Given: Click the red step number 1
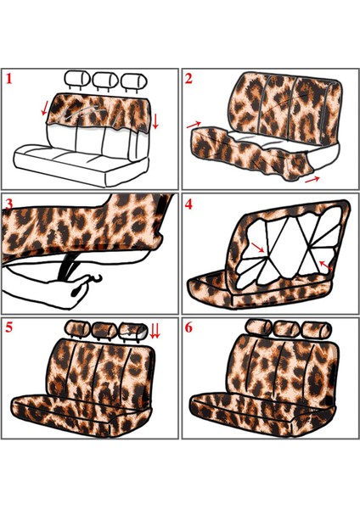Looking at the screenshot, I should click(x=11, y=81).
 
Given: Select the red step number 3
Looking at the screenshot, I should click(x=9, y=205).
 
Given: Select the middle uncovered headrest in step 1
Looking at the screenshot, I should click(x=104, y=80).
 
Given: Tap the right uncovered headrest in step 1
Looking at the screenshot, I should click(x=132, y=80).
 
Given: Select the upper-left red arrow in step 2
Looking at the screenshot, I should click(x=194, y=125).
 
